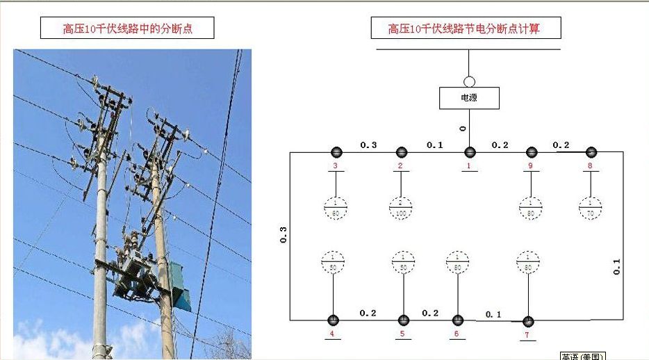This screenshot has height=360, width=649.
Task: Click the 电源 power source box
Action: click(x=469, y=98)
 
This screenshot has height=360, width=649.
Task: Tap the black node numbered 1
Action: click(x=470, y=152)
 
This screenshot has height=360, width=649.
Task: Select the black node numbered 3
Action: click(x=336, y=152)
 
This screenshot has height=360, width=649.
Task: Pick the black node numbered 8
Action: click(x=591, y=152)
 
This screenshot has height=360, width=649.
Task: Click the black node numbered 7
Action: click(x=528, y=321)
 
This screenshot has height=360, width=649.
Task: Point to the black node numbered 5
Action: click(x=403, y=320)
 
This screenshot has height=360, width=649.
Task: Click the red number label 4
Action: click(x=332, y=334)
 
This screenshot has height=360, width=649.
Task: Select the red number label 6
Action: click(x=457, y=334)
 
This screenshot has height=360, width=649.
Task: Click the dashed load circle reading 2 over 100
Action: click(x=401, y=206)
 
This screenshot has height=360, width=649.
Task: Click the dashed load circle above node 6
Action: click(x=457, y=262)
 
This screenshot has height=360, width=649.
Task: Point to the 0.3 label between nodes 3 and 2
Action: click(x=368, y=145)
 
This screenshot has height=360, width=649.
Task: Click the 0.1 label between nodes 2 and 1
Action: click(x=434, y=145)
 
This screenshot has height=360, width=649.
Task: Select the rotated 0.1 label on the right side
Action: click(x=616, y=266)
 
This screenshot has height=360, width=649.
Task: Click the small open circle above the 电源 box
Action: click(x=469, y=81)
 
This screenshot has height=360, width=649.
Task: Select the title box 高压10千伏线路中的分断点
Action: click(x=127, y=28)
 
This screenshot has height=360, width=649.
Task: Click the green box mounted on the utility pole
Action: click(x=180, y=286)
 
